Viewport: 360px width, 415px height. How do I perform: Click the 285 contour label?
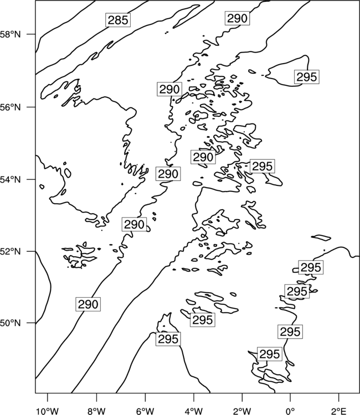(118, 20)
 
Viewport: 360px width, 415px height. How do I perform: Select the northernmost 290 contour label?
(238, 18)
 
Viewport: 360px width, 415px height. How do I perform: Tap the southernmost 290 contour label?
(88, 304)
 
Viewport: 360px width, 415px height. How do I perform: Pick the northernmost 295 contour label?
(306, 77)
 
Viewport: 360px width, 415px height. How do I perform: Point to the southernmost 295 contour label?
(270, 354)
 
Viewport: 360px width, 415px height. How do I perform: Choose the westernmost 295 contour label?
(168, 339)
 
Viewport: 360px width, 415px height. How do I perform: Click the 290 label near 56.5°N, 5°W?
(169, 89)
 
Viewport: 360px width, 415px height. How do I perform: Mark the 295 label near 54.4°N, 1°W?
(263, 166)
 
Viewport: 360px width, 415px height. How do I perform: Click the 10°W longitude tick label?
(48, 411)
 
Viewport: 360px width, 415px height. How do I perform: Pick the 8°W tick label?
(96, 411)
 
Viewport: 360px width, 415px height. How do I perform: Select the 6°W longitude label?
(145, 411)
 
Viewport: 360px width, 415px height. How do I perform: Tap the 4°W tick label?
(194, 411)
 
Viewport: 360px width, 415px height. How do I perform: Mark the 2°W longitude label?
(242, 411)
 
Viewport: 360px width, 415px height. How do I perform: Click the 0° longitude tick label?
(290, 411)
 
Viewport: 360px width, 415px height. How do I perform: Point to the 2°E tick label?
(339, 411)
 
